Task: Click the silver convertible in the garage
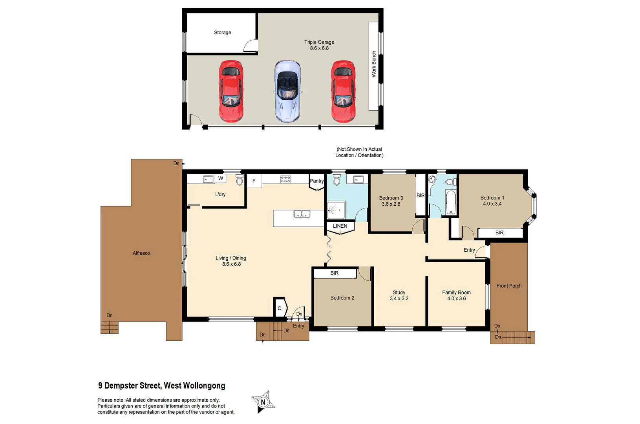[x=287, y=91]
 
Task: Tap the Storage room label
[x=222, y=33]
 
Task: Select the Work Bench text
[x=374, y=64]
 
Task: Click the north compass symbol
[x=263, y=402]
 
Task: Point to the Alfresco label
[x=141, y=253]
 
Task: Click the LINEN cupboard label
[x=340, y=226]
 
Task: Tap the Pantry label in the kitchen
[x=316, y=181]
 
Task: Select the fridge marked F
[x=254, y=181]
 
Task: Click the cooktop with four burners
[x=285, y=179]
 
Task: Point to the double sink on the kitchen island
[x=302, y=214]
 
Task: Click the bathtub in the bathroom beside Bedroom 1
[x=451, y=202]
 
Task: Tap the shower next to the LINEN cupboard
[x=336, y=210]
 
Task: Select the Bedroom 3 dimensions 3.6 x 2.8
[x=391, y=204]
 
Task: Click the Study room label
[x=399, y=292]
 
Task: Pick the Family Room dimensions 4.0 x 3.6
[x=456, y=298]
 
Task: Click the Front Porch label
[x=509, y=286]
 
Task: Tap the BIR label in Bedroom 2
[x=334, y=273]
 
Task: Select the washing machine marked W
[x=221, y=179]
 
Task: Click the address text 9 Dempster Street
[x=161, y=386]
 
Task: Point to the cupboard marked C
[x=280, y=308]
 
